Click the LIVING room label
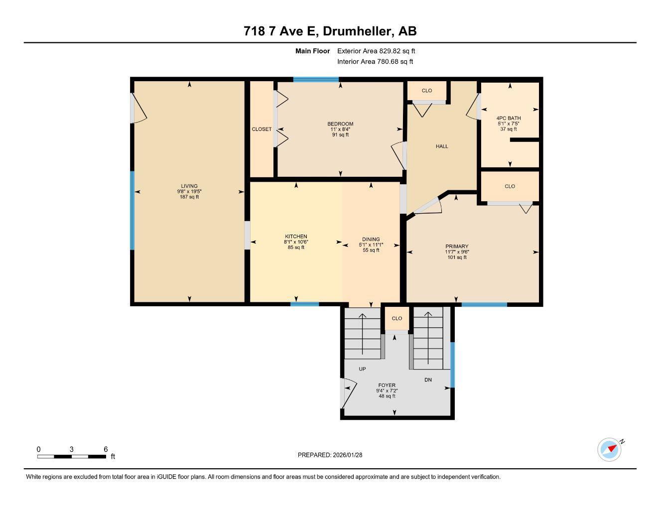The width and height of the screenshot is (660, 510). click(x=189, y=186)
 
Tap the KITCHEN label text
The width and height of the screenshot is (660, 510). click(x=296, y=237)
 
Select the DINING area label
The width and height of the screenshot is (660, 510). click(x=371, y=239)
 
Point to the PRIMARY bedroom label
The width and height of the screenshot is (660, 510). click(x=457, y=247)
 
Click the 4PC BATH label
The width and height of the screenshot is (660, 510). click(x=509, y=119)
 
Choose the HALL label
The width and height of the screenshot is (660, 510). click(x=442, y=146)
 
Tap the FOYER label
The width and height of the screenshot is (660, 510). click(x=387, y=385)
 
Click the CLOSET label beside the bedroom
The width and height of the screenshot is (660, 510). click(x=262, y=129)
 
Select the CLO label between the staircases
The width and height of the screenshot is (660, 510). click(x=396, y=318)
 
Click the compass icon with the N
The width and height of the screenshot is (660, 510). click(x=609, y=449)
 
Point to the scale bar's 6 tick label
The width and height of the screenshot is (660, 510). click(x=106, y=449)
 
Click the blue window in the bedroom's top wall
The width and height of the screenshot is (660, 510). click(x=316, y=79)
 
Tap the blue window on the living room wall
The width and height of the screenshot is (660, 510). click(x=132, y=210)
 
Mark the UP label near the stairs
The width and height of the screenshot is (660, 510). click(x=362, y=369)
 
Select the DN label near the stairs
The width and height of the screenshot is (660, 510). click(x=428, y=380)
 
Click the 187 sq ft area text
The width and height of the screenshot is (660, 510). click(x=189, y=197)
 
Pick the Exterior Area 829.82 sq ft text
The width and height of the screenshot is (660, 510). click(x=376, y=51)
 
